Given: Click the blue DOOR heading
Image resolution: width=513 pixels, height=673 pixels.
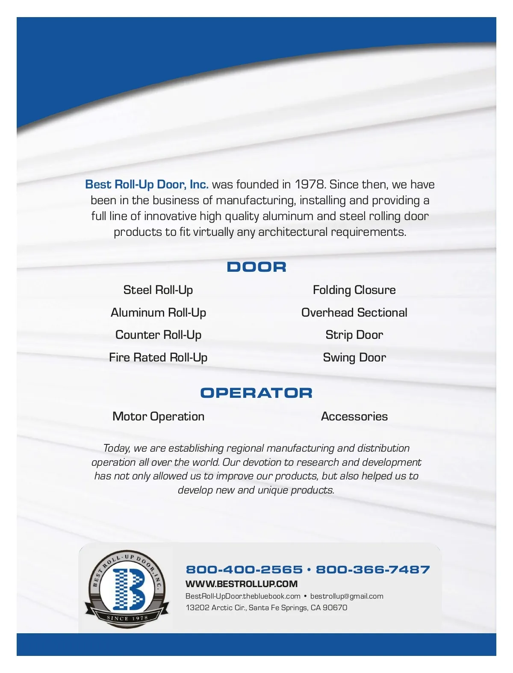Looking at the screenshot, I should (x=256, y=267).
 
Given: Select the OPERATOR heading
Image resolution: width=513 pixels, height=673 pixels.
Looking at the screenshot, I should (x=256, y=393).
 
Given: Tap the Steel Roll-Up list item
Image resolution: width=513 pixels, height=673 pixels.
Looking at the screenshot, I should (x=158, y=290).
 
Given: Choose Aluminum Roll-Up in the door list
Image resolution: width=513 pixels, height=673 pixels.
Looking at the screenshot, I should (x=158, y=313).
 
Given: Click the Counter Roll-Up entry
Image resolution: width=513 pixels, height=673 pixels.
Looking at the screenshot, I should (x=158, y=335).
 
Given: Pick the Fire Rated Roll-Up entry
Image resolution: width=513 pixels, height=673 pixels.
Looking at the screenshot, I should (x=158, y=358).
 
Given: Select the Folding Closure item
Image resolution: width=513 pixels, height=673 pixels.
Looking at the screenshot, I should (x=354, y=290).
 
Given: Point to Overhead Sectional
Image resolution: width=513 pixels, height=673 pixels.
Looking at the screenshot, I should (x=354, y=313).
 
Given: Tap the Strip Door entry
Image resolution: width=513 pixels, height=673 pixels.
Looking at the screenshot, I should (x=354, y=335).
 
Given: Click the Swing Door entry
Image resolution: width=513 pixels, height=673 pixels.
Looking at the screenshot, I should (x=354, y=358).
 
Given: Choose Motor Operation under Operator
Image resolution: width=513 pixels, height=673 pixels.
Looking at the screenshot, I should (x=158, y=417).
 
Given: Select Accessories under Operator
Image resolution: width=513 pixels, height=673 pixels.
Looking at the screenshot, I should (x=354, y=417).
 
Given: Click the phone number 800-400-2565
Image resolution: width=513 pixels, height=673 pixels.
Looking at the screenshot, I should (x=244, y=570).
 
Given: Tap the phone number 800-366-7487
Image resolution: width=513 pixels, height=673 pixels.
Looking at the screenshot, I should (x=373, y=570).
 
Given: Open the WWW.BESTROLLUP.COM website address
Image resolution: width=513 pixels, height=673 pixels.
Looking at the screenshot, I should (x=242, y=584).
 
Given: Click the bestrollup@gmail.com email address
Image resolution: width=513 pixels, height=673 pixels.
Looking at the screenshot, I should (x=347, y=596).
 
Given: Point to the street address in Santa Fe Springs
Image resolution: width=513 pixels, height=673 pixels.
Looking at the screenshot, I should (x=266, y=608).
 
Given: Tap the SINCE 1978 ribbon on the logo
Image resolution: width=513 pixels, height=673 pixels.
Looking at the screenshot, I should (x=127, y=618).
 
